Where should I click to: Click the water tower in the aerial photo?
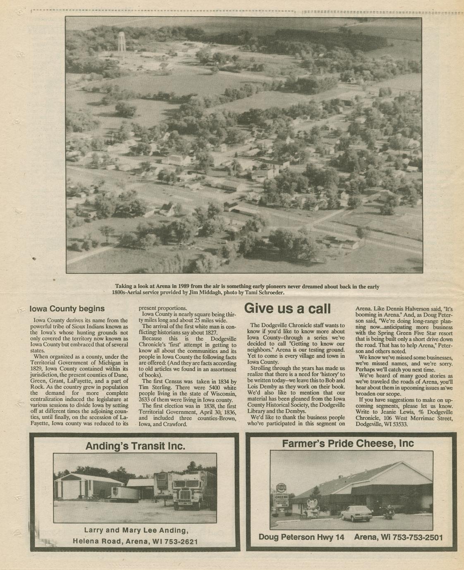pos(122,42)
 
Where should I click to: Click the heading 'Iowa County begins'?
pos(67,309)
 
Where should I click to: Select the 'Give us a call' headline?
pos(287,309)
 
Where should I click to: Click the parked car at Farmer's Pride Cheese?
pos(356,513)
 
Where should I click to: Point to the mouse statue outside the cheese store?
pos(311,507)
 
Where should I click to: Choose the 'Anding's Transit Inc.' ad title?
pos(135,446)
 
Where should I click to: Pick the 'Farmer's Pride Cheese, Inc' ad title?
pos(348,444)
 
